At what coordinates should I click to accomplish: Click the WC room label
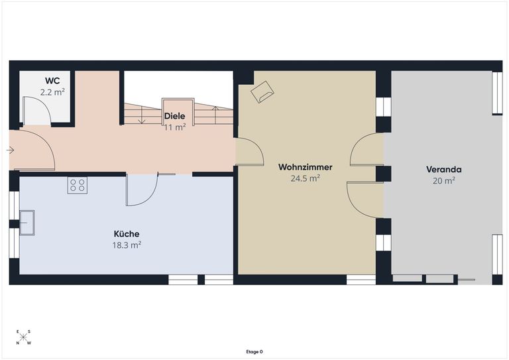pyautogui.click(x=52, y=80)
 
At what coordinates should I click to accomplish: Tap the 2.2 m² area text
pyautogui.click(x=52, y=92)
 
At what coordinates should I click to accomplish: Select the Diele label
pyautogui.click(x=175, y=116)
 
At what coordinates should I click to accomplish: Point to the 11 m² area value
pyautogui.click(x=175, y=127)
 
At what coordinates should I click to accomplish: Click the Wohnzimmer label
pyautogui.click(x=305, y=167)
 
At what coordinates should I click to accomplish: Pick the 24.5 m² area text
pyautogui.click(x=305, y=178)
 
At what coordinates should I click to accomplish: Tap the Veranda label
pyautogui.click(x=444, y=170)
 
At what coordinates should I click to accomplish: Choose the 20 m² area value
pyautogui.click(x=444, y=180)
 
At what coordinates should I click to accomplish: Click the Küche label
pyautogui.click(x=127, y=234)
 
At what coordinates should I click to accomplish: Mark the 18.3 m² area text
pyautogui.click(x=127, y=245)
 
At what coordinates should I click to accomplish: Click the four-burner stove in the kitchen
pyautogui.click(x=78, y=185)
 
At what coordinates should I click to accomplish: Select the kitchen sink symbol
pyautogui.click(x=27, y=223)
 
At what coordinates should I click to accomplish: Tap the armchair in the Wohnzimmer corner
pyautogui.click(x=262, y=92)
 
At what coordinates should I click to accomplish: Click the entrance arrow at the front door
pyautogui.click(x=11, y=150)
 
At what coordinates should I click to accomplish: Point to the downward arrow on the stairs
pyautogui.click(x=142, y=115)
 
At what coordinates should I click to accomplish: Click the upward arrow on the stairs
pyautogui.click(x=215, y=115)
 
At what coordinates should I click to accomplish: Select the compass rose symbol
pyautogui.click(x=23, y=337)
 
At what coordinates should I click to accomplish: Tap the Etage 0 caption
pyautogui.click(x=254, y=351)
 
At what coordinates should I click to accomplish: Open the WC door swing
pyautogui.click(x=36, y=111)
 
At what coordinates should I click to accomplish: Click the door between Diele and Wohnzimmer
pyautogui.click(x=249, y=152)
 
